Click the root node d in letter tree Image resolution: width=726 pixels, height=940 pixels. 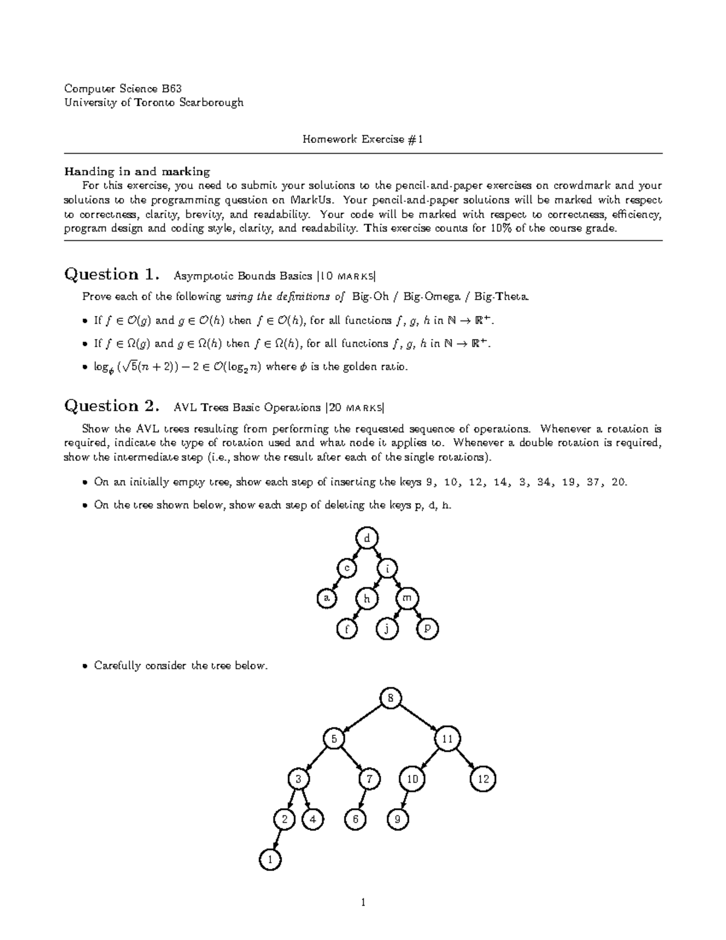tap(367, 537)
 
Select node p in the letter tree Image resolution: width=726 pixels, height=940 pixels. tap(427, 629)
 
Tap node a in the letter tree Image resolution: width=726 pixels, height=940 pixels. tap(327, 598)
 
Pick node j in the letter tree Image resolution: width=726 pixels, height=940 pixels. tap(387, 629)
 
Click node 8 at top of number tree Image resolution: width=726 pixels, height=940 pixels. tap(391, 698)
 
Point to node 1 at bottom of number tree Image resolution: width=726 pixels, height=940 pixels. tap(270, 859)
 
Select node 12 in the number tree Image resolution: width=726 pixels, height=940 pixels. tap(483, 779)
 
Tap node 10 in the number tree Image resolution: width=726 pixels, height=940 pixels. tap(412, 779)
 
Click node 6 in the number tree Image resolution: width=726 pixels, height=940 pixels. tap(356, 820)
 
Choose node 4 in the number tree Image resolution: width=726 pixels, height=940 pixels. tap(312, 820)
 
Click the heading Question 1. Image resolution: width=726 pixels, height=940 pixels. tap(112, 275)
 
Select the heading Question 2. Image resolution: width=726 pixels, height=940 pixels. tap(112, 406)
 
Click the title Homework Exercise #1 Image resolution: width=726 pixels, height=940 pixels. tap(362, 139)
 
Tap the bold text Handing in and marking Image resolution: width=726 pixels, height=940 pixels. tap(137, 171)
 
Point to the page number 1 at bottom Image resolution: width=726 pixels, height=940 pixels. tap(363, 903)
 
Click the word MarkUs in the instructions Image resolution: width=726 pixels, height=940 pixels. tap(310, 200)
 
